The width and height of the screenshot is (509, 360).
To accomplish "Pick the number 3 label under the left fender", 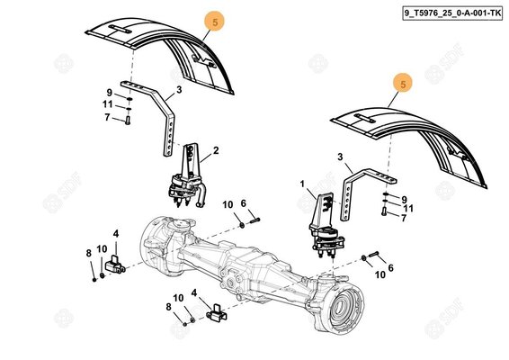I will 178,90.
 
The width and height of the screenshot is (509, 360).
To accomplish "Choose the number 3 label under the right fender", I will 339,157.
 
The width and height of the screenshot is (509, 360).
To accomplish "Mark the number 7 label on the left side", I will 107,118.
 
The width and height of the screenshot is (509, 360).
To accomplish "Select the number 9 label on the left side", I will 108,93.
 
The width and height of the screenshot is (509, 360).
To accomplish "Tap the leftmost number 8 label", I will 88,253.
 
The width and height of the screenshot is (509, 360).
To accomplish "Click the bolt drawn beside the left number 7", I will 128,119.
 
